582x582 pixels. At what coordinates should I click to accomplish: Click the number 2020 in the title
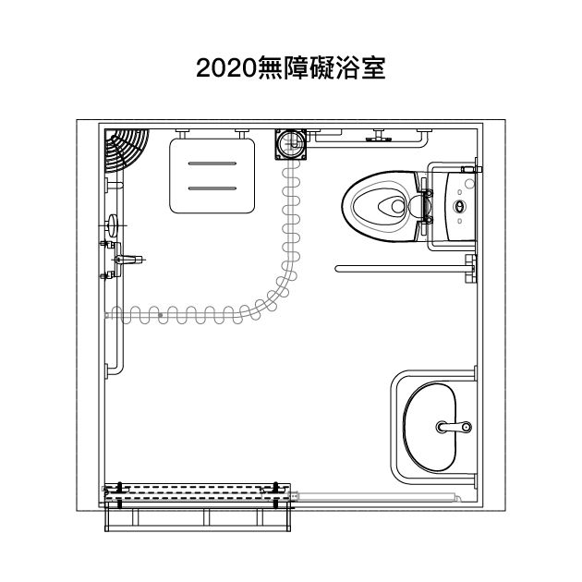coord(226,68)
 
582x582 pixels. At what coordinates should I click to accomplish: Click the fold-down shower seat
coord(212,176)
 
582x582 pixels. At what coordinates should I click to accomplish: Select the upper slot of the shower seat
coord(212,164)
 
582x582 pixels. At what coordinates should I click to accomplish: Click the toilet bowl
coord(382,206)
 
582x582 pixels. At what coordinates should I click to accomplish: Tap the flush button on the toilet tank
coord(459,206)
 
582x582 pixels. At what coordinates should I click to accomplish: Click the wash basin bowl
coord(430,427)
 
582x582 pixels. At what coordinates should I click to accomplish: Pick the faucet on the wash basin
coord(454,427)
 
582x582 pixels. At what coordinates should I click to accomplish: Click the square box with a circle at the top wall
coord(291,144)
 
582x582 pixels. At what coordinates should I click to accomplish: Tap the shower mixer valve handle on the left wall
coord(128,260)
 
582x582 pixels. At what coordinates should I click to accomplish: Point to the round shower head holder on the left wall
coord(112,225)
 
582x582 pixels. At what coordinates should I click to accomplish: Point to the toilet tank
coord(460,206)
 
